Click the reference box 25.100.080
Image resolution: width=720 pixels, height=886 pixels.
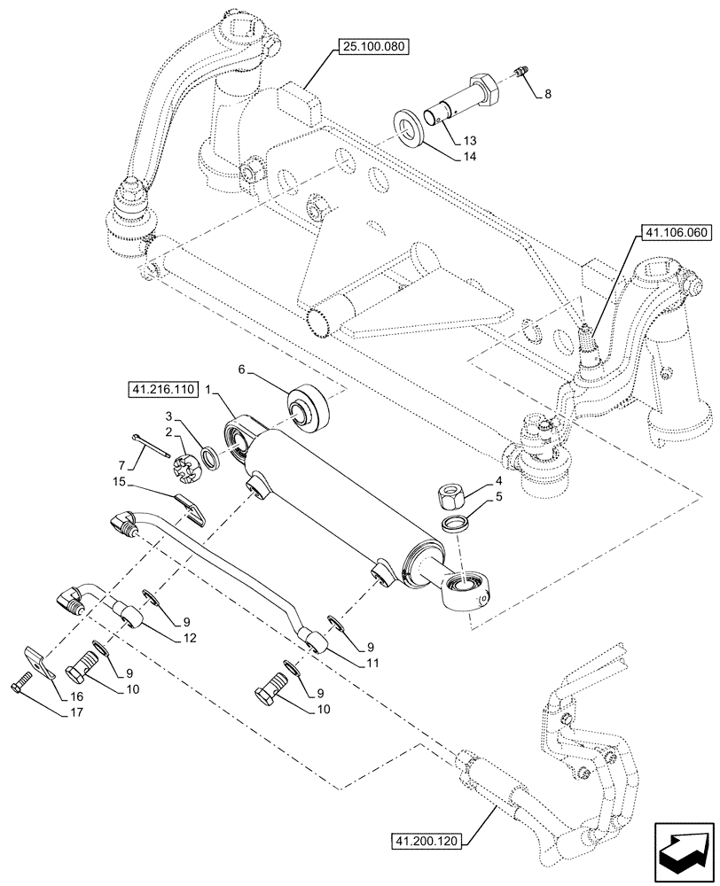(x=373, y=45)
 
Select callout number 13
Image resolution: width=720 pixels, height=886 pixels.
(x=468, y=140)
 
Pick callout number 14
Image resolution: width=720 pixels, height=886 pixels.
(x=468, y=157)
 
